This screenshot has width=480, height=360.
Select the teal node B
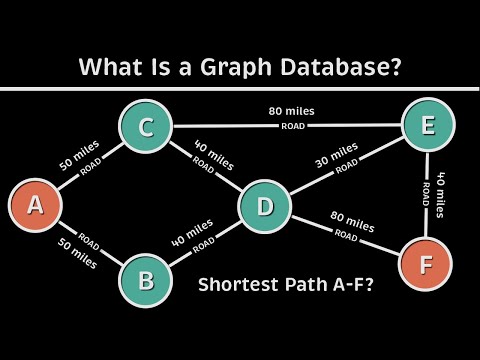coord(146,278)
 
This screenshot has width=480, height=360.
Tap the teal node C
coord(144,127)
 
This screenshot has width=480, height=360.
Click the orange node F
coord(424,266)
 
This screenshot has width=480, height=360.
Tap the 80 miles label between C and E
coord(287,112)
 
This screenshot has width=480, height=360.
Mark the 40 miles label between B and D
coord(192,229)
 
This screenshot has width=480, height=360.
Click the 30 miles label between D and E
coord(337,155)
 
